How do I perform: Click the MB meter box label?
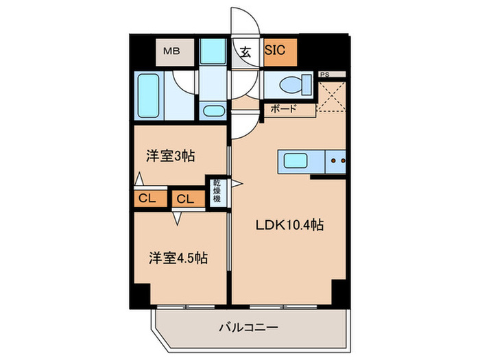pos(171,49)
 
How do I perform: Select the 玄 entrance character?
pos(245,49)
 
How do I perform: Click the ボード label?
pos(283,108)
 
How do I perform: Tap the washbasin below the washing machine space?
pos(213,111)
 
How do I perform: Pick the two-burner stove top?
pos(335,162)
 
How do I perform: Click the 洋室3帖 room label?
pos(170,156)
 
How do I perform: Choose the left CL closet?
pos(147,199)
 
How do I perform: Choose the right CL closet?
pos(184,199)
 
